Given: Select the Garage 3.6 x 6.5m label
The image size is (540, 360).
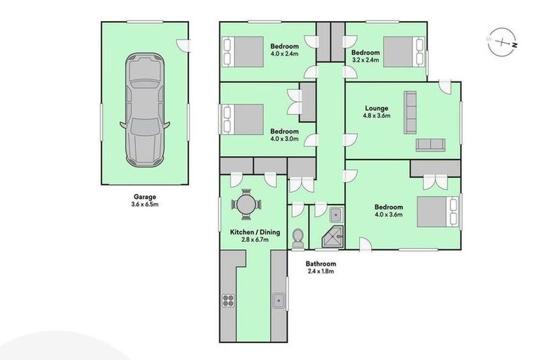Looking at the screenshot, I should pyautogui.click(x=145, y=201).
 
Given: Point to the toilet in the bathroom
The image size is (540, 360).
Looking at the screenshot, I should pyautogui.click(x=297, y=236).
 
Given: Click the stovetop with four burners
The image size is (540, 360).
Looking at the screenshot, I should pyautogui.click(x=229, y=301).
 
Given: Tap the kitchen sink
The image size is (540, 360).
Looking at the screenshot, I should pyautogui.click(x=278, y=301).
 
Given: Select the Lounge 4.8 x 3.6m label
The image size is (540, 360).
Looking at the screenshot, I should pyautogui.click(x=376, y=112).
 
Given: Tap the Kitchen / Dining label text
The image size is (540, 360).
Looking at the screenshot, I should pyautogui.click(x=250, y=236).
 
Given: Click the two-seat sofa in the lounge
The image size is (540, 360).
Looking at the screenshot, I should pyautogui.click(x=430, y=145).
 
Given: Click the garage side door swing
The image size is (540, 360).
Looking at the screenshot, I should pyautogui.click(x=184, y=44).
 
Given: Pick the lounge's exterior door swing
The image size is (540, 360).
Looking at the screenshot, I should pyautogui.click(x=445, y=86).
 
